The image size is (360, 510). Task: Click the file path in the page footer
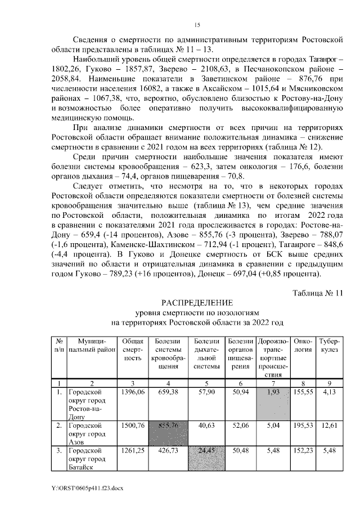86,487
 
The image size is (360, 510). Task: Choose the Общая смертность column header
132,350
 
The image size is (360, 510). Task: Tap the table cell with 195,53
303,426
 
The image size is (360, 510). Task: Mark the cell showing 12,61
329,426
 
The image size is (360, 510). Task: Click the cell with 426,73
169,451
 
